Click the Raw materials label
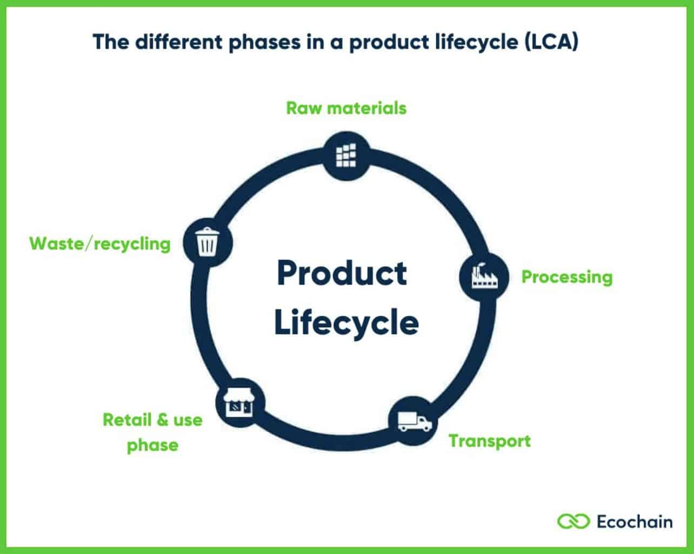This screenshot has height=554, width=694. [x=346, y=108]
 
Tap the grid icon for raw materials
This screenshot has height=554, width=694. [x=346, y=155]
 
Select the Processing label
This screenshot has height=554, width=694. [x=566, y=277]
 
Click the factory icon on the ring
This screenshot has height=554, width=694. [x=483, y=276]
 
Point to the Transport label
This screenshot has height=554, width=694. [x=490, y=441]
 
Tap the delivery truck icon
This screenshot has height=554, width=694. [x=414, y=421]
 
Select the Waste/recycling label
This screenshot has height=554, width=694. [x=100, y=244]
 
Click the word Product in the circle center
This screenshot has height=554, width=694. [x=342, y=273]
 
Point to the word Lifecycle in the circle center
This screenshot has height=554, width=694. [x=346, y=322]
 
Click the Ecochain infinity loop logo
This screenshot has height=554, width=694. [x=573, y=522]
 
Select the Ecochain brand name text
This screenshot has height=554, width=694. [x=635, y=522]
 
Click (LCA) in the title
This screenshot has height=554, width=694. [x=551, y=42]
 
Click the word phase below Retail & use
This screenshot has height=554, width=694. [x=152, y=445]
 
